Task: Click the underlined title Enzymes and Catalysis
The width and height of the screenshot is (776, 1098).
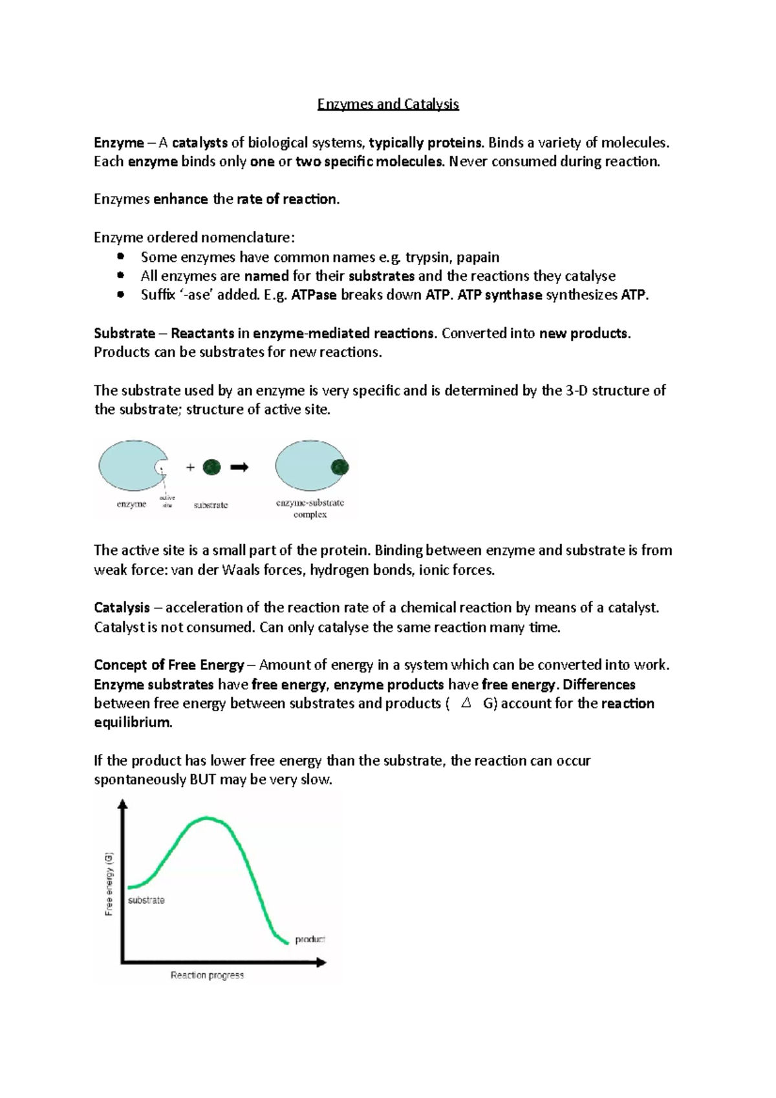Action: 387,104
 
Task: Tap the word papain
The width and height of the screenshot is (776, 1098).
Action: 478,257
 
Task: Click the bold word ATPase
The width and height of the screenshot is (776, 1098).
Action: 314,296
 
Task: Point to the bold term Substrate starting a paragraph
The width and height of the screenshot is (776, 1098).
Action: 124,334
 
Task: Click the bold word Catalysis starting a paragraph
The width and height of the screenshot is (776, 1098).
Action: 122,608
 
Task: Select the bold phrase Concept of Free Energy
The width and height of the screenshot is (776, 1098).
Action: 169,665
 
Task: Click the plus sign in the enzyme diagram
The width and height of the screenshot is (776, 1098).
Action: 190,468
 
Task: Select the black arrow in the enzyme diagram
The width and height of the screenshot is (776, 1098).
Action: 239,467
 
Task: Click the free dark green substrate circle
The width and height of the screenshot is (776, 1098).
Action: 211,467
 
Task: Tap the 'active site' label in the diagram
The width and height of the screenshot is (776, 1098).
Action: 167,501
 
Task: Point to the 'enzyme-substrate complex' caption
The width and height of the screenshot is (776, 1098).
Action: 310,508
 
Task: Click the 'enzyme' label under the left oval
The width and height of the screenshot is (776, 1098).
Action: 131,504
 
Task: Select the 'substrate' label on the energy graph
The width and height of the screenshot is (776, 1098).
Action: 146,900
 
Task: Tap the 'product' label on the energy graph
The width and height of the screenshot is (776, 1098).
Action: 310,939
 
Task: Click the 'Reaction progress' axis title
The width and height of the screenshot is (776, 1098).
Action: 207,975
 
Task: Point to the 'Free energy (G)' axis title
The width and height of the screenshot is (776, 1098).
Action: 109,883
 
